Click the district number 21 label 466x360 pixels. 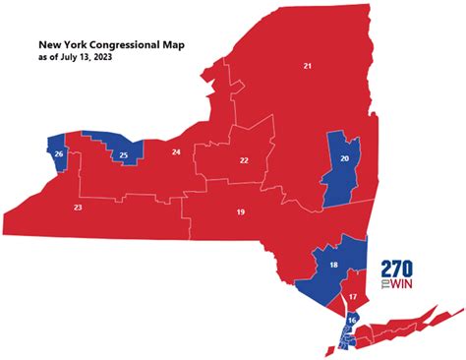click(x=308, y=66)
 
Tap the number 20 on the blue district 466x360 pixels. click(x=343, y=158)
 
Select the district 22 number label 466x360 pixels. click(x=244, y=160)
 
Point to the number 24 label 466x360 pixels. click(x=176, y=151)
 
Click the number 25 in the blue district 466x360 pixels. click(x=123, y=154)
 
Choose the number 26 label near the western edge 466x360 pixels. click(x=59, y=154)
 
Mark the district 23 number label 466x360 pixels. click(x=77, y=208)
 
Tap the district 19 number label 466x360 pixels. click(x=240, y=212)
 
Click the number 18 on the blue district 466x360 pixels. click(x=333, y=266)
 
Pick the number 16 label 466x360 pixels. click(x=352, y=321)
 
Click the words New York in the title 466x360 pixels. click(x=62, y=45)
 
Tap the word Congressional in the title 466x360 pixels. click(x=126, y=45)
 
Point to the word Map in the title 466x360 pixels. click(x=177, y=45)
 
